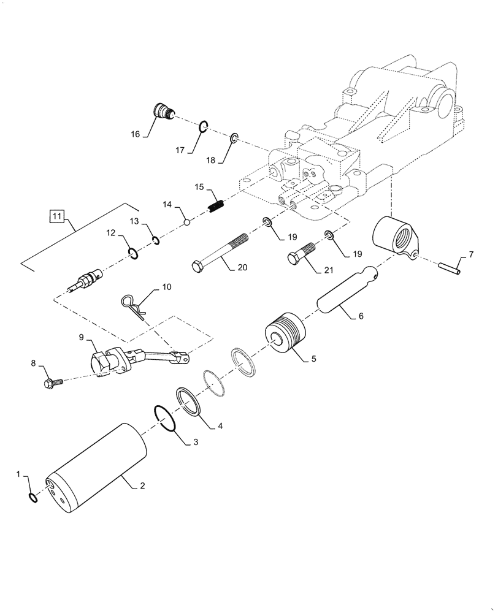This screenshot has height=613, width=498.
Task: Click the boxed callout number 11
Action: click(x=56, y=216)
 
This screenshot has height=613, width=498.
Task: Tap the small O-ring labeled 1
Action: click(x=33, y=497)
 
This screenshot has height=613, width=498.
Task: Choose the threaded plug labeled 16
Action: click(x=163, y=113)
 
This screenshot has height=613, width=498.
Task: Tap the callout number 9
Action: click(x=82, y=338)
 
